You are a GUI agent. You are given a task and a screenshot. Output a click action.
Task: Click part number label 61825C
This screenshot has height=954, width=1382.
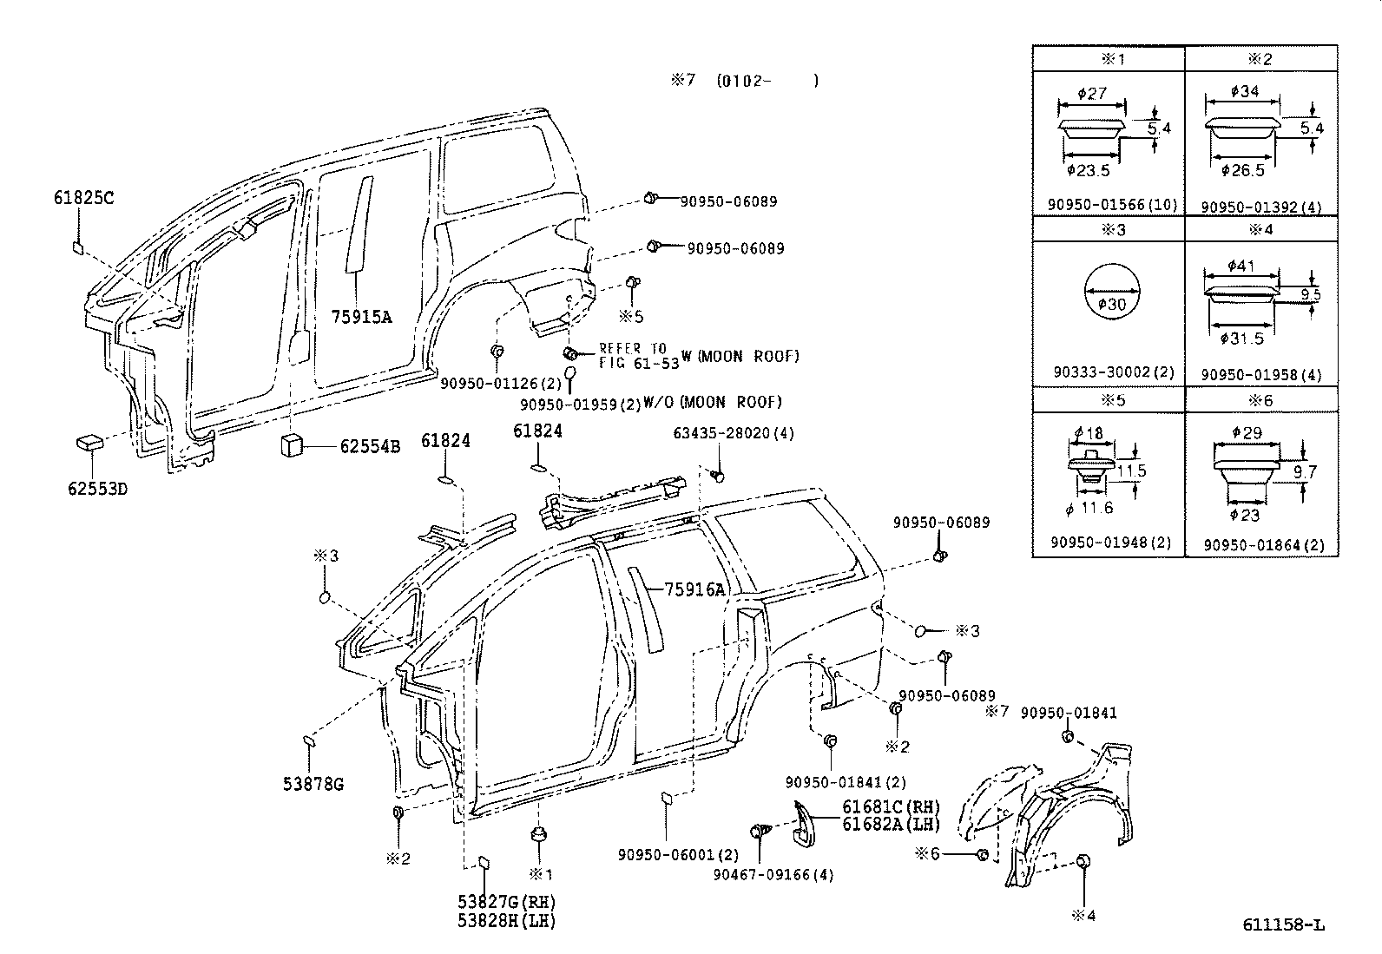coord(83,198)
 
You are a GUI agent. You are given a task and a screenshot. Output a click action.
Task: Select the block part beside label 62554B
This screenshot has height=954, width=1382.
coord(290,445)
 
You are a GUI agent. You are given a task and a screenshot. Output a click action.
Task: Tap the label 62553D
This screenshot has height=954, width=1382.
coord(97,489)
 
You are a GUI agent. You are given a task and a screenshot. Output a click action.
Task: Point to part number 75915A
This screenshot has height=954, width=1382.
coord(361,317)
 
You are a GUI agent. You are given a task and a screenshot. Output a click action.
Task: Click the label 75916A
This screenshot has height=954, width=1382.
coord(694,590)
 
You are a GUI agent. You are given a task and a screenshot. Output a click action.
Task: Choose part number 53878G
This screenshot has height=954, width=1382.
coord(313,785)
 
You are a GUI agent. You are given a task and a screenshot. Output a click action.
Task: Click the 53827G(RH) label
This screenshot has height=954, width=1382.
coord(507,903)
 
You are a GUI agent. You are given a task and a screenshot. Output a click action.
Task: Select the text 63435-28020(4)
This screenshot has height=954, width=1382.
coord(734,433)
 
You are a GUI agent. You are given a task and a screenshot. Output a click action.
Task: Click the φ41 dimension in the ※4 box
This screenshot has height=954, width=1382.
coord(1241,266)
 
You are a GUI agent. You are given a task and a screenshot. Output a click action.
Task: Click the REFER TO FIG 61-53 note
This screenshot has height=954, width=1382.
coord(638,356)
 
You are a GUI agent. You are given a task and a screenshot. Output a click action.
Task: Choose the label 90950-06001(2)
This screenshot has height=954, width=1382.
coord(678,854)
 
